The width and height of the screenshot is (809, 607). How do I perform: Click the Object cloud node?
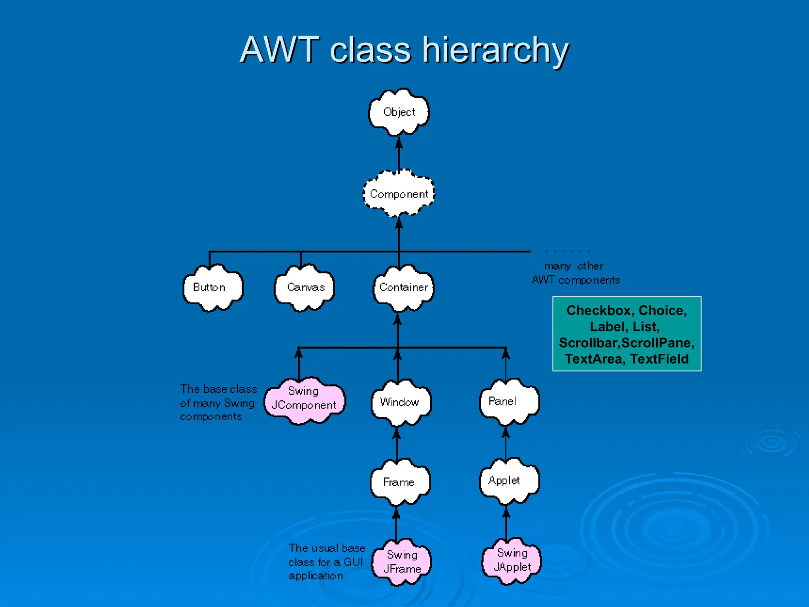click(x=399, y=112)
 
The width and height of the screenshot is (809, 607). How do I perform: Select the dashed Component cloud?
click(x=399, y=194)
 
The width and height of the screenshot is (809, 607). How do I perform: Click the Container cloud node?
click(x=403, y=287)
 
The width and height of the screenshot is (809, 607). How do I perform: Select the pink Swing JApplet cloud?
click(x=512, y=560)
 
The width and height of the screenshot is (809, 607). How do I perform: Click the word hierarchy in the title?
click(x=495, y=51)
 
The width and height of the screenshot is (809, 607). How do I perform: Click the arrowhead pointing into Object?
click(x=399, y=142)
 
